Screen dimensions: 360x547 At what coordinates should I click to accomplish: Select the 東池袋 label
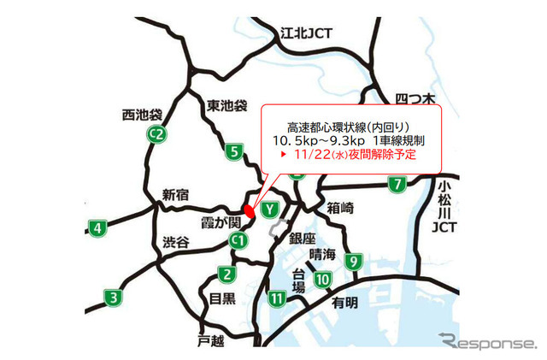(226, 107)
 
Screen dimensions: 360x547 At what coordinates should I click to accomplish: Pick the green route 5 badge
(234, 153)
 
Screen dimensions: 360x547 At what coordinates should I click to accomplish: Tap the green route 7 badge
(397, 183)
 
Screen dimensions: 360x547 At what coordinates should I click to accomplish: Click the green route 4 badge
(98, 227)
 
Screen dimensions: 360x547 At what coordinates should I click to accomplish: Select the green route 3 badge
(114, 298)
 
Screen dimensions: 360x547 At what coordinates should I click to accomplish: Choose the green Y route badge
(270, 208)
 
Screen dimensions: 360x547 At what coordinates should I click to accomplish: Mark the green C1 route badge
(238, 243)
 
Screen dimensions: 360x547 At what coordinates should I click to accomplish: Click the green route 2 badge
(226, 274)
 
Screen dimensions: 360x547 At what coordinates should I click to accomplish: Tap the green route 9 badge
(354, 259)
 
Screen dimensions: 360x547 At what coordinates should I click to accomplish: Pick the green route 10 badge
(322, 279)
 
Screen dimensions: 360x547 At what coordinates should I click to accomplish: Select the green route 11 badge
(276, 298)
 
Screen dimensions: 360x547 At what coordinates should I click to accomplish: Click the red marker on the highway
(249, 210)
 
